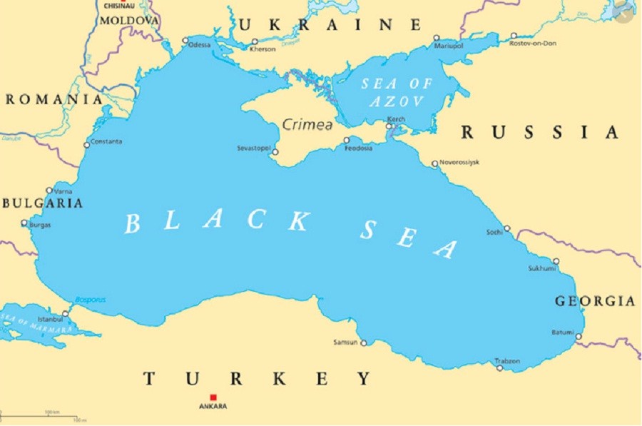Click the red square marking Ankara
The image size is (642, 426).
point(213,397)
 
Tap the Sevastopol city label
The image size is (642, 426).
point(254,148)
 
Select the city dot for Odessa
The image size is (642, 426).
point(185,41)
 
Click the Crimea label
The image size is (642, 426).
point(307,125)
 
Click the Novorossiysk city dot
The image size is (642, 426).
point(434,164)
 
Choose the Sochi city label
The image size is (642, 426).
point(494,233)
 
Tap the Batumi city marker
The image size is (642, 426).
point(579,337)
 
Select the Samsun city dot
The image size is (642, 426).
point(363,343)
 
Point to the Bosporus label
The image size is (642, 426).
point(90,300)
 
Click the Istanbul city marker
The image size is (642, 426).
point(65,313)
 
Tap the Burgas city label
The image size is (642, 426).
point(40,225)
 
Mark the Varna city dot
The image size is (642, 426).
point(49,191)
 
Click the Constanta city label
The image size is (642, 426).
point(106,141)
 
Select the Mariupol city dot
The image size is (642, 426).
point(437,38)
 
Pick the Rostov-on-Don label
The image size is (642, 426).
point(533,44)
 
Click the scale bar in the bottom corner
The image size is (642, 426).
point(43,415)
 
